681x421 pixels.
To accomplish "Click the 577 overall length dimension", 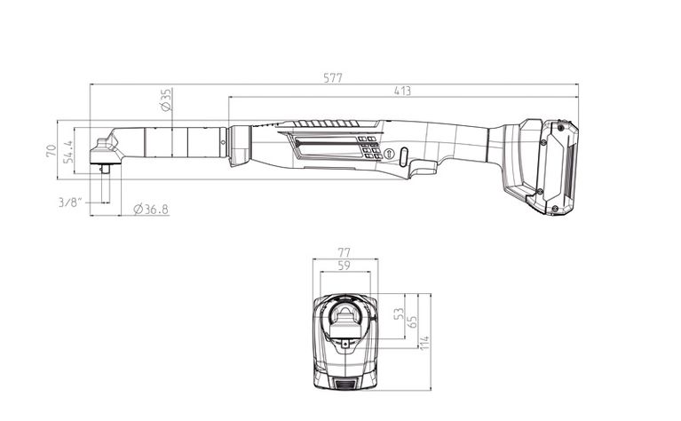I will (x=333, y=78).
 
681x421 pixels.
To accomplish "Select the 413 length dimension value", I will (x=402, y=91).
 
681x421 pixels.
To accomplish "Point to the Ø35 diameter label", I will (x=165, y=99).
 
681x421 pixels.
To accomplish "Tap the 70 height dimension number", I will (x=51, y=149).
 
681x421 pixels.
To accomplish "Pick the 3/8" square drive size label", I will (x=71, y=203).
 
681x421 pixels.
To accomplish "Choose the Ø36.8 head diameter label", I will (x=150, y=210).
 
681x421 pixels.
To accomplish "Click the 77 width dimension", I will (x=345, y=252).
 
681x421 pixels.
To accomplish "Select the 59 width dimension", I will (x=345, y=264).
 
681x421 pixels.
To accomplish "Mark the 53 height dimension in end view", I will (x=399, y=315).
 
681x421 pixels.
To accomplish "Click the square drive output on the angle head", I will (x=106, y=168).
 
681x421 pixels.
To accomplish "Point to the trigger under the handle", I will (x=424, y=168).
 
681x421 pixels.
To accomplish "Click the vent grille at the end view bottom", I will (x=345, y=383).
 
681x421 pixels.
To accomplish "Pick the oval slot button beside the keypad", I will (x=402, y=156).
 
